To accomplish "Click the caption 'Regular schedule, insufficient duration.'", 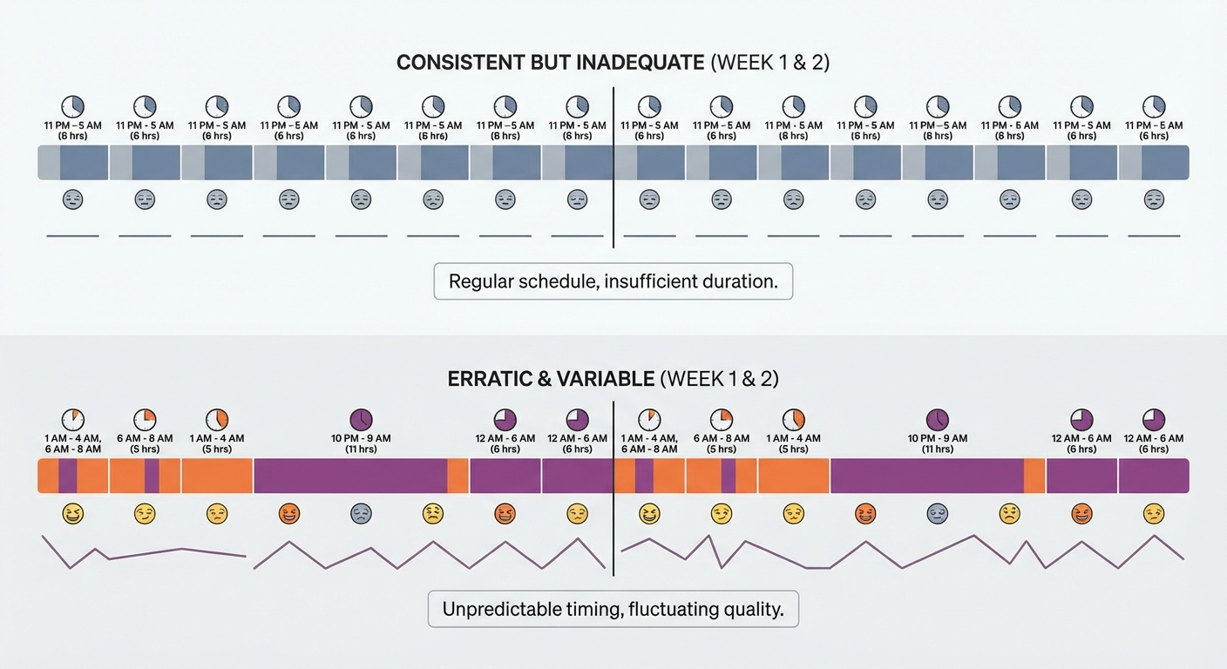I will (x=613, y=281).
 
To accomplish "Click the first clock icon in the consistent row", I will (x=72, y=106).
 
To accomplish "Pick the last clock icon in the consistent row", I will (x=1154, y=106).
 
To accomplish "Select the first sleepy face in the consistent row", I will (x=72, y=199).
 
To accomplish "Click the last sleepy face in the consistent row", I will (x=1154, y=199).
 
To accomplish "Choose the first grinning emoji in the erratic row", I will (x=72, y=514).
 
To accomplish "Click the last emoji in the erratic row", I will (x=1154, y=514).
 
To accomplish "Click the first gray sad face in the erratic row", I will (x=361, y=514).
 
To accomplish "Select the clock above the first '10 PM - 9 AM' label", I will (x=361, y=419).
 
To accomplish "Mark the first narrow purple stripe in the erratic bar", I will (x=67, y=476).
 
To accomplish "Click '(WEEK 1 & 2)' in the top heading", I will (x=770, y=63).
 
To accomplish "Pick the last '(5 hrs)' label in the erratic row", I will (x=793, y=449).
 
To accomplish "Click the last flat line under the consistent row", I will (x=1154, y=236).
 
